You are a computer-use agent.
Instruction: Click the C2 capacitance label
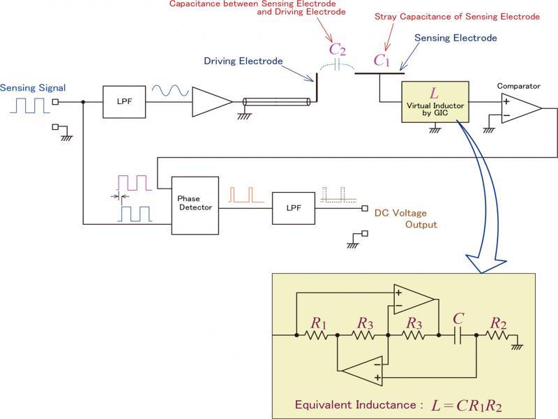(x=337, y=50)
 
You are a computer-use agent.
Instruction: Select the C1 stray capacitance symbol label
(x=382, y=60)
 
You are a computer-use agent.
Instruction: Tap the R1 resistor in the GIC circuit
(x=317, y=335)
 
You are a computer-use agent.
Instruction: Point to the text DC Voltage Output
(x=405, y=218)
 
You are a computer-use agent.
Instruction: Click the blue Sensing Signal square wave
(x=31, y=105)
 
